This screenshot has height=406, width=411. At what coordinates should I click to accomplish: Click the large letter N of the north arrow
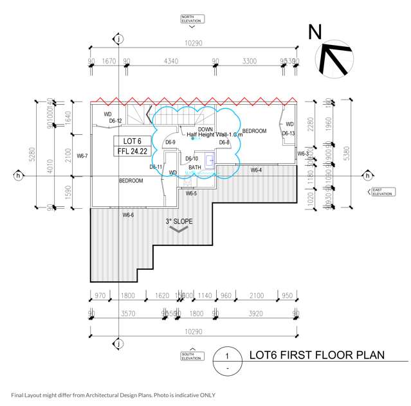(315, 32)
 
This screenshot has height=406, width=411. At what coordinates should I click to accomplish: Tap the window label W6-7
(82, 156)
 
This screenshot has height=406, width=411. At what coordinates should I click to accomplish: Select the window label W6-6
(128, 215)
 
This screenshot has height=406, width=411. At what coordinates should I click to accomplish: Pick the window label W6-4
(256, 170)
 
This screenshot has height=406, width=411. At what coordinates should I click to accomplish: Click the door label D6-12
(115, 121)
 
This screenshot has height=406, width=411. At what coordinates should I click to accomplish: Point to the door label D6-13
(288, 134)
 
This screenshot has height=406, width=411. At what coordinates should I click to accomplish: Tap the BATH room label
(195, 167)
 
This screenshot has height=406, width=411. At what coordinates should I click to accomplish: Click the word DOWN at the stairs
(206, 129)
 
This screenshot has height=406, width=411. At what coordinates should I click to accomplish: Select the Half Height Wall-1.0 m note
(215, 135)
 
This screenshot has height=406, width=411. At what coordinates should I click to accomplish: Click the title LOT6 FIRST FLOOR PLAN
(316, 355)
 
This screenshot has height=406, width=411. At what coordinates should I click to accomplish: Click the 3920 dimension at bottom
(256, 314)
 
